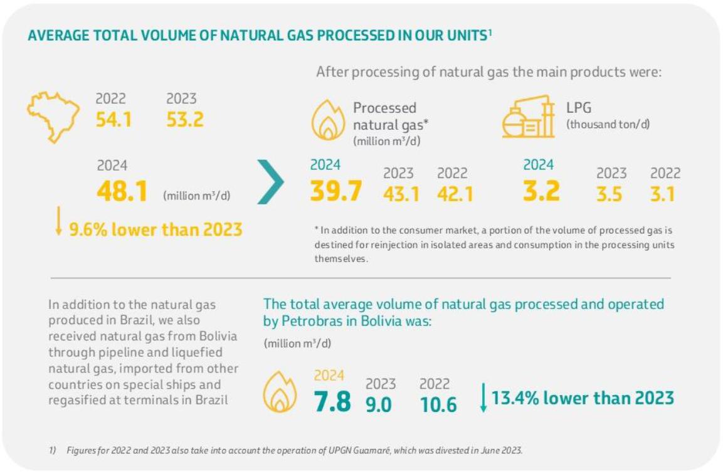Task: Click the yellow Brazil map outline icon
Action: coord(53,116)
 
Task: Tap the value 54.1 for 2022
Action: coord(113,119)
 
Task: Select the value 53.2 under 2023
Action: coord(185,119)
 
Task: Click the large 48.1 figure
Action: coord(122,192)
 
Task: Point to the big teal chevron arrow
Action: coord(270,182)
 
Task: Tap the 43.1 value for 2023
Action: coord(401,194)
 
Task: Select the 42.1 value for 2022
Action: coord(455,194)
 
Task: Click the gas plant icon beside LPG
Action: coord(529,117)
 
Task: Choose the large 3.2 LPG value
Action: coord(541,191)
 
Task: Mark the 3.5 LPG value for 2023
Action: coord(610,194)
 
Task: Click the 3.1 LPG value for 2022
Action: coord(663,194)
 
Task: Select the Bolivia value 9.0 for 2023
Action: coord(379,404)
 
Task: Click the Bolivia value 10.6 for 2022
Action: coord(438,404)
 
